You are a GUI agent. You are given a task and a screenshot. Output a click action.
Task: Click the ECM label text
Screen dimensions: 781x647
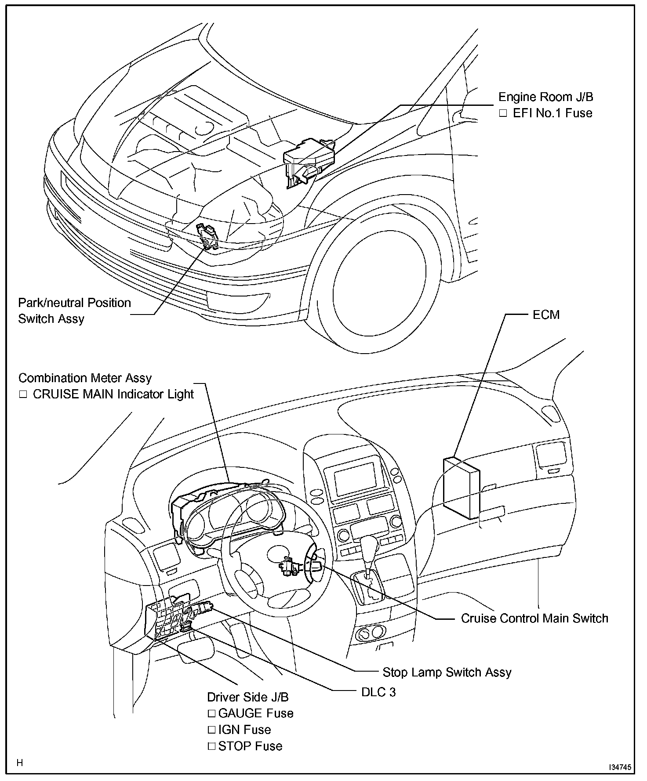[546, 315]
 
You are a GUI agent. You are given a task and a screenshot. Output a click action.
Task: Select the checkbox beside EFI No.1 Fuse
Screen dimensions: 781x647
[503, 113]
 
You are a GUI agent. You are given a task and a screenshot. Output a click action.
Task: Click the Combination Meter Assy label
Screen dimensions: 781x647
[85, 378]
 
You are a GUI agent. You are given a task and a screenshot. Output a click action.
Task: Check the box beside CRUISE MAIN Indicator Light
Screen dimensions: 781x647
[23, 394]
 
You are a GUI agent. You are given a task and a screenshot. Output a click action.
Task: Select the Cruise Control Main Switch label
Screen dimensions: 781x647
[534, 618]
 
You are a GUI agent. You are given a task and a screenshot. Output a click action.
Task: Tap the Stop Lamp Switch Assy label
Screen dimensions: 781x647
[447, 672]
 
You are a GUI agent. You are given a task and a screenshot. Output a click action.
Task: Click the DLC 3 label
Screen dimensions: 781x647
[378, 692]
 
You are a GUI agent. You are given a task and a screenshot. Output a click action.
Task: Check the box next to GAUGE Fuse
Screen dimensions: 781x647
[212, 713]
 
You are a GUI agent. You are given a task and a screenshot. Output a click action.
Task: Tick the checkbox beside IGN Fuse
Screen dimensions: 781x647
[212, 730]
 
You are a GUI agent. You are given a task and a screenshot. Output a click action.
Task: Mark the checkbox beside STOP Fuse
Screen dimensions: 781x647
[212, 746]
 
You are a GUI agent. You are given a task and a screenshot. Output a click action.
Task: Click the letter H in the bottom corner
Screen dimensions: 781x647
[20, 763]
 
